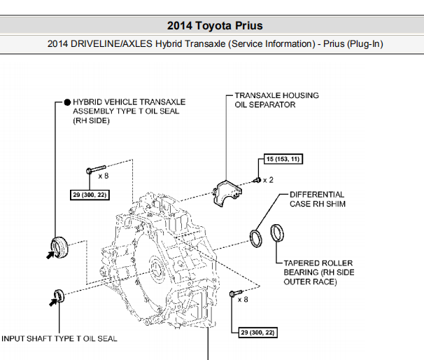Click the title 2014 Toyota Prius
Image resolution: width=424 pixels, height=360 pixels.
(x=215, y=26)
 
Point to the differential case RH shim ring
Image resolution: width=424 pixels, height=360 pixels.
(x=257, y=237)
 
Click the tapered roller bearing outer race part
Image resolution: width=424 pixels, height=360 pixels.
(x=278, y=233)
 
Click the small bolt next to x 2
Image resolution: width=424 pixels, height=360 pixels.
(x=257, y=180)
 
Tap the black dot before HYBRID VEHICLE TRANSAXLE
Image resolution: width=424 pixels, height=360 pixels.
(x=67, y=102)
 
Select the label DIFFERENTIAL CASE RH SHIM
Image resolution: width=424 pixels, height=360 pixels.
(x=316, y=199)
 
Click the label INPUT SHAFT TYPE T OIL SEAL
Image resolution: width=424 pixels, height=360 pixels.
(x=59, y=339)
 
